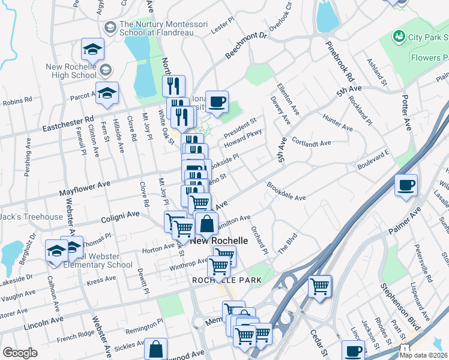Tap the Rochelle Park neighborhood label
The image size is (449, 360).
click(x=218, y=280)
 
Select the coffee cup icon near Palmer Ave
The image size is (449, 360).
click(x=406, y=185)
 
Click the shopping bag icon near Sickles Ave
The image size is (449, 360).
click(x=156, y=349)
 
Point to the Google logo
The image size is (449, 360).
click(x=20, y=352)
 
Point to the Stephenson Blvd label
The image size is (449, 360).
click(x=402, y=304)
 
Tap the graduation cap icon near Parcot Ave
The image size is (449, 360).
click(x=107, y=93)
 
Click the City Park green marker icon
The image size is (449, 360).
click(x=398, y=37)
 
